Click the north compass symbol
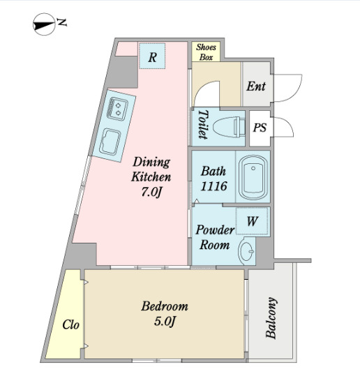pyautogui.click(x=44, y=24)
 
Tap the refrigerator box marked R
pyautogui.click(x=152, y=56)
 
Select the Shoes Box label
pyautogui.click(x=206, y=52)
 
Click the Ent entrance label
pyautogui.click(x=256, y=86)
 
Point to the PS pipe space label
pyautogui.click(x=260, y=128)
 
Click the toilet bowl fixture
pyautogui.click(x=229, y=127)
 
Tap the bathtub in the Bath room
pyautogui.click(x=253, y=177)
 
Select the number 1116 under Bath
pyautogui.click(x=213, y=186)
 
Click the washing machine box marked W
pyautogui.click(x=252, y=221)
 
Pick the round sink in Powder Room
pyautogui.click(x=246, y=251)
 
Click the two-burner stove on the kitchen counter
pyautogui.click(x=117, y=109)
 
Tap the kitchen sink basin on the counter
pyautogui.click(x=110, y=142)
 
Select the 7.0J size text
pyautogui.click(x=151, y=193)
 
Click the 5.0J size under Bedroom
pyautogui.click(x=165, y=322)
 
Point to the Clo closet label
pyautogui.click(x=70, y=325)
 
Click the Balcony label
pyautogui.click(x=271, y=317)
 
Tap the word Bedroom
pyautogui.click(x=165, y=306)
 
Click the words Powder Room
pyautogui.click(x=215, y=237)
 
